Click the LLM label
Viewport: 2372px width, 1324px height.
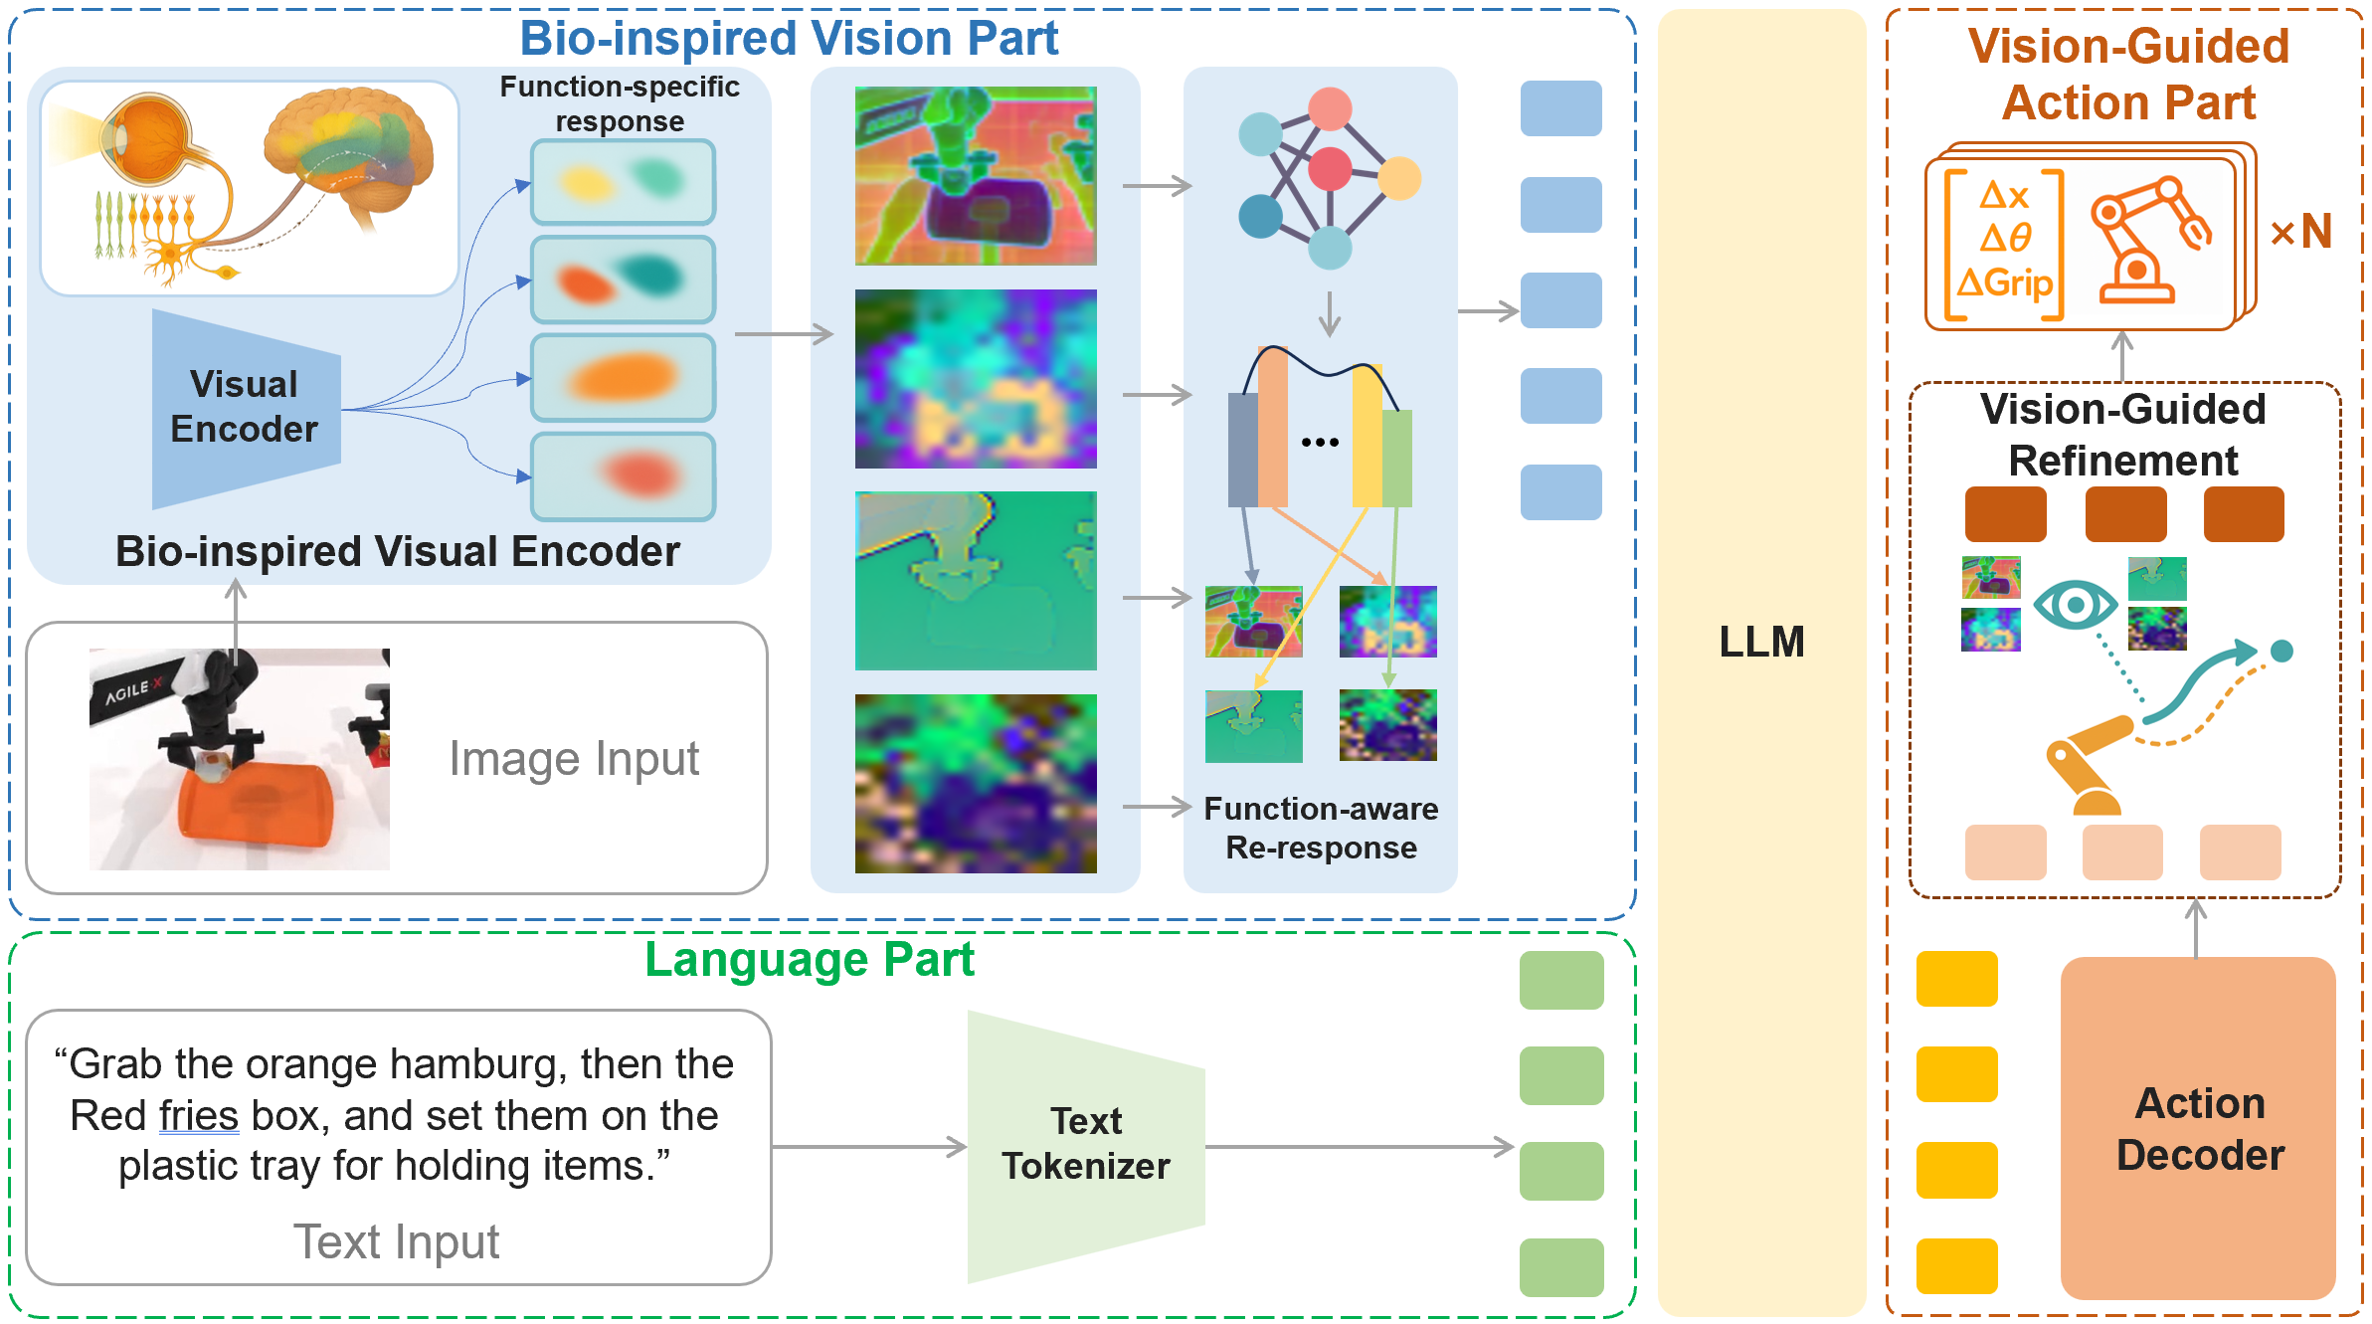[1761, 642]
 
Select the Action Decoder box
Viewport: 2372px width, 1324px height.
[2198, 1128]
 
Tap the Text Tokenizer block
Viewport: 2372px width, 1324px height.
[1086, 1144]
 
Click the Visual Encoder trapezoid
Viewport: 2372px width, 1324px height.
[245, 408]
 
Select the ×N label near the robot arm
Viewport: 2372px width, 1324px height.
[2300, 232]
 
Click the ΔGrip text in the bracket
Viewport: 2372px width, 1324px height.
[2004, 284]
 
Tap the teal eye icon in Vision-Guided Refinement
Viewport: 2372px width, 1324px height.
[2075, 604]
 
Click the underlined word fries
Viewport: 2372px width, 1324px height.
[198, 1115]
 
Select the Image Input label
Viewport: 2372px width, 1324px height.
[574, 759]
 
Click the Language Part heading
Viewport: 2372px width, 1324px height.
[810, 960]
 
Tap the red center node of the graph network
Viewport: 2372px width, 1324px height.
[1329, 169]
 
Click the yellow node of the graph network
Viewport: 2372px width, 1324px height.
[1399, 178]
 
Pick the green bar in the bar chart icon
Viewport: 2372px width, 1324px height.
[1396, 458]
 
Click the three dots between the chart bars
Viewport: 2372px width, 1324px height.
[1320, 442]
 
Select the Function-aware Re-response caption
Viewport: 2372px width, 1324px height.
[1321, 828]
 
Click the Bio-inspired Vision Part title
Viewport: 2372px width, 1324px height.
[789, 39]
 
